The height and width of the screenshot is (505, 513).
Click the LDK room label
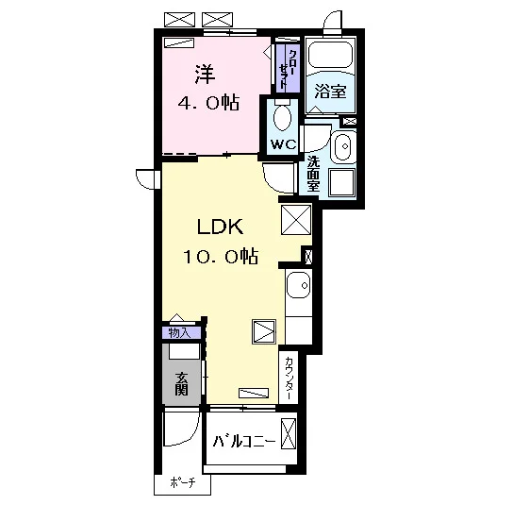[x=220, y=227]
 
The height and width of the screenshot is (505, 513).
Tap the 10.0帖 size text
[x=221, y=257]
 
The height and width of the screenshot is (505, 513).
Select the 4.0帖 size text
[x=208, y=103]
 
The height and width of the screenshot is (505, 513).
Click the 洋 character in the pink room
[x=206, y=75]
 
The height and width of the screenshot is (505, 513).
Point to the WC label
[x=283, y=144]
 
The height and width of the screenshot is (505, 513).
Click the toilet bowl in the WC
[x=282, y=118]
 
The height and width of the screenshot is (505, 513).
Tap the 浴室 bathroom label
[x=330, y=92]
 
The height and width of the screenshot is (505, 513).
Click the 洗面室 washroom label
[x=313, y=174]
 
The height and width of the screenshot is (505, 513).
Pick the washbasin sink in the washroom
[x=343, y=146]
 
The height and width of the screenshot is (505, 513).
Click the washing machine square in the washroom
[x=342, y=182]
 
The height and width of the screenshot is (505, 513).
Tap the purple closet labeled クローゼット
[x=288, y=68]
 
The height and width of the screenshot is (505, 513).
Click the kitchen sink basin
[x=298, y=285]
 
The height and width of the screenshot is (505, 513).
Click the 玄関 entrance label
[x=181, y=384]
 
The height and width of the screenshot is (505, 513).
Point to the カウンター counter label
[x=290, y=379]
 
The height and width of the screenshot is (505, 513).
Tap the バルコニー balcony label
[x=244, y=442]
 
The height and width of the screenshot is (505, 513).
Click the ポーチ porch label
[x=183, y=482]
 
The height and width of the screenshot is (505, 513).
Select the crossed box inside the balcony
[x=289, y=434]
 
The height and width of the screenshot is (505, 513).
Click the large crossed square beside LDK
[x=296, y=219]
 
